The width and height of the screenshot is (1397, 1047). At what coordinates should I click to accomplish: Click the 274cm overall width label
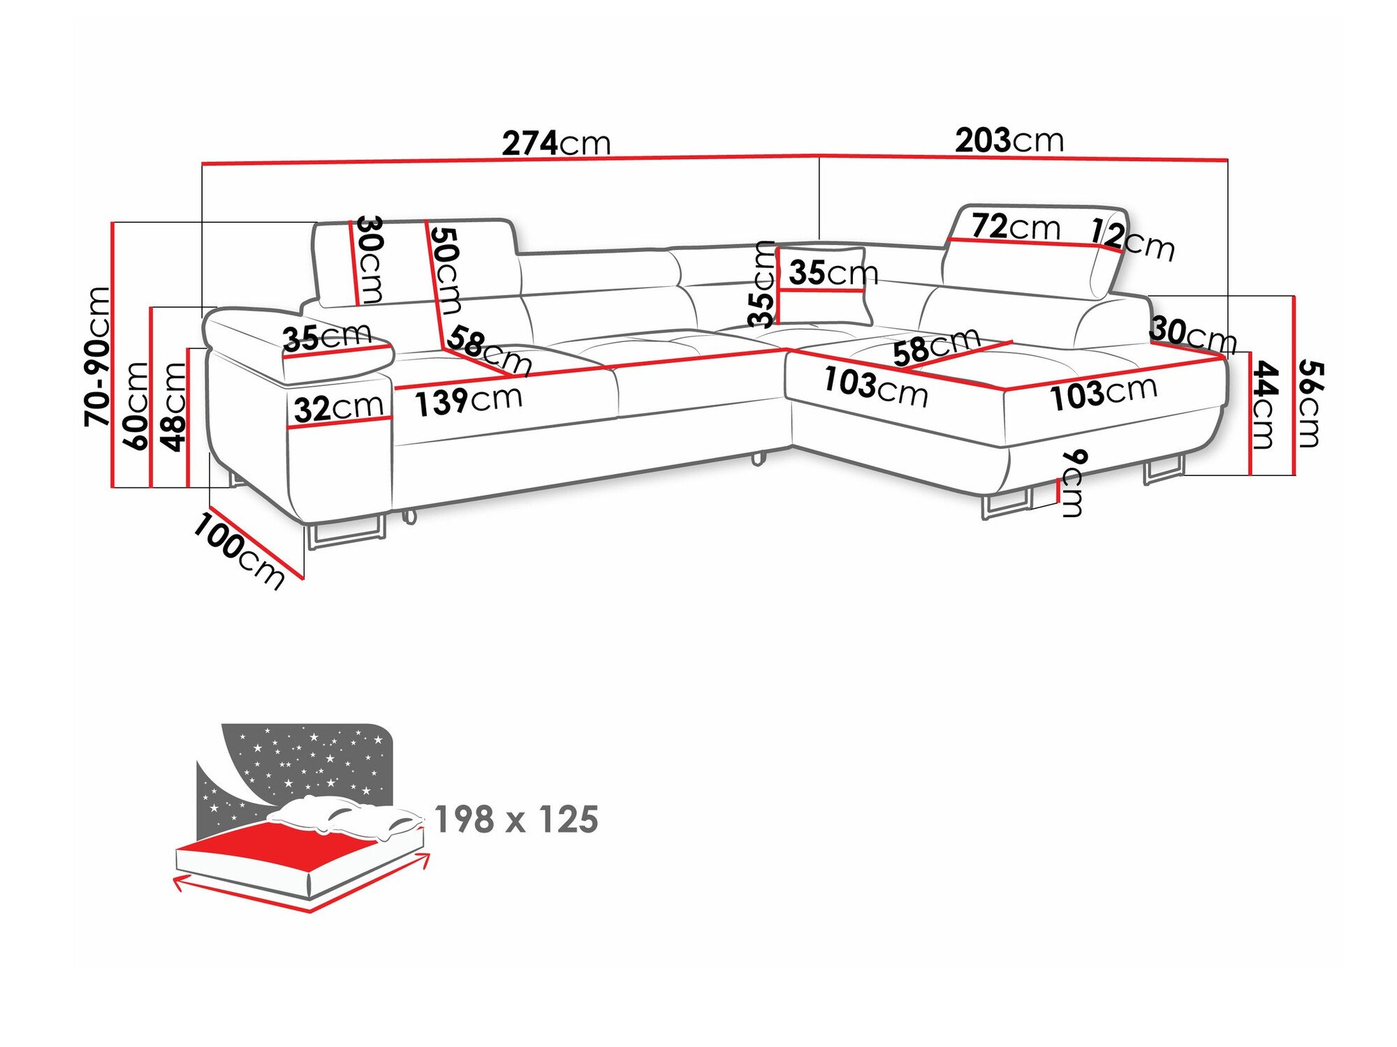(556, 143)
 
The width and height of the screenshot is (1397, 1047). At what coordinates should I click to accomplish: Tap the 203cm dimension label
(1009, 141)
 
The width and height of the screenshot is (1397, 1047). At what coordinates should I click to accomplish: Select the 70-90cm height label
(97, 356)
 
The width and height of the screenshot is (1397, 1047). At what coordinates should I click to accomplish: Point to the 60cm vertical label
(135, 406)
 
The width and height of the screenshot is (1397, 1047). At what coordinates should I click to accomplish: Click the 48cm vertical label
(173, 407)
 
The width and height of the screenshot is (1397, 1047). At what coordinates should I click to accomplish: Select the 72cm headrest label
(1016, 227)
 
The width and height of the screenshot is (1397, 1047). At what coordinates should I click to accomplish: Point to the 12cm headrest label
(1132, 239)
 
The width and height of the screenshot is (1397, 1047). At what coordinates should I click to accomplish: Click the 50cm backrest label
(445, 270)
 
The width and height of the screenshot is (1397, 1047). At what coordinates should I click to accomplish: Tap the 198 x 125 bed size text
(516, 819)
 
